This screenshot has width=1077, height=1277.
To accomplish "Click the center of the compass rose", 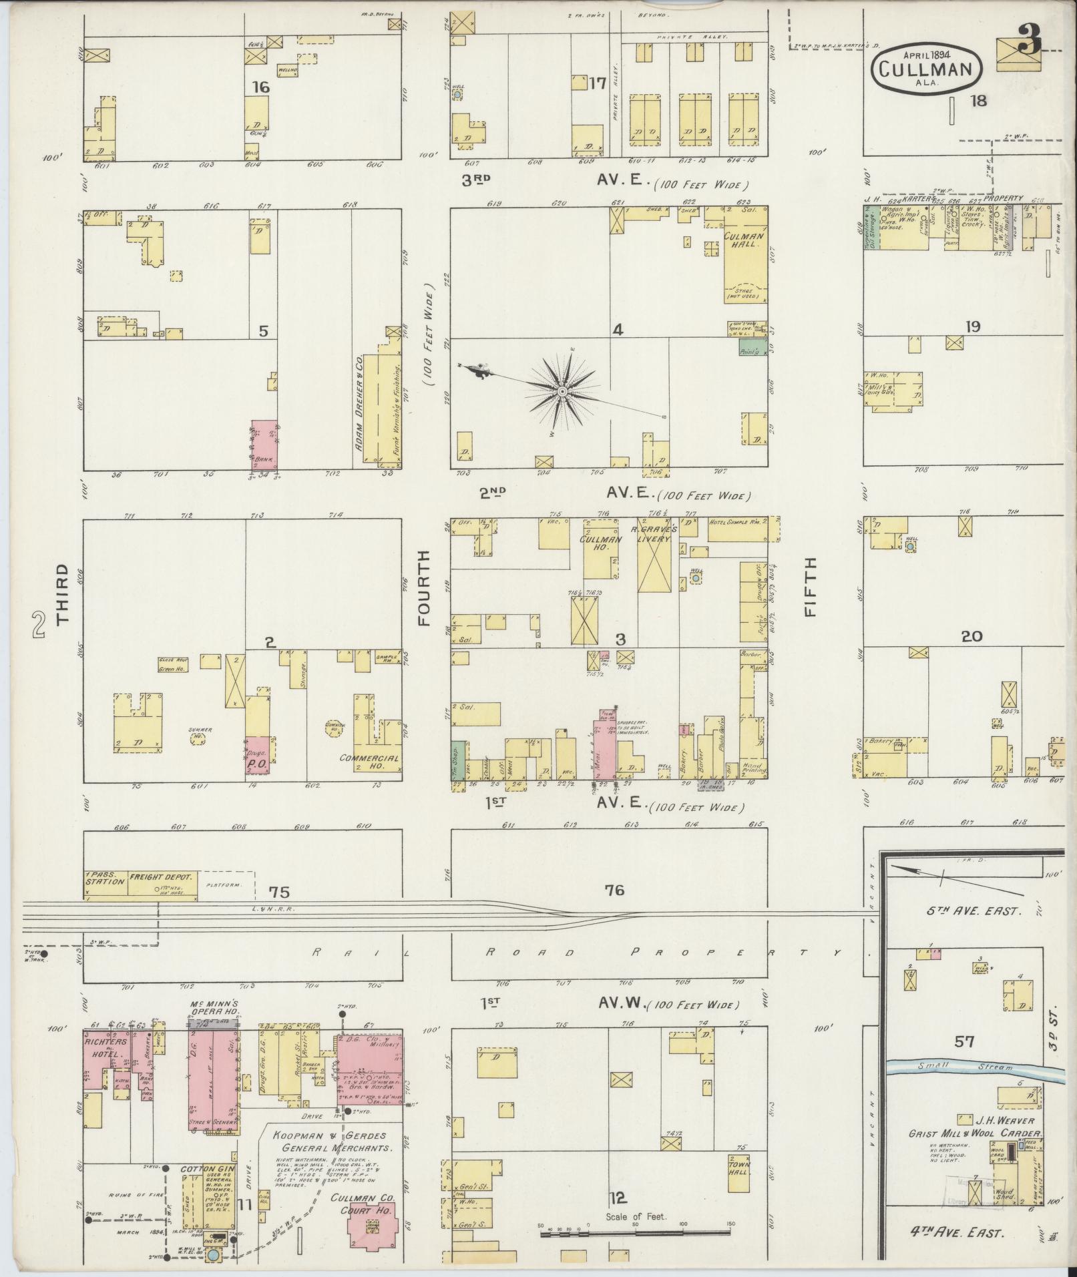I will (x=562, y=390).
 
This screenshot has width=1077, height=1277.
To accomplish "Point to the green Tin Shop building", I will (x=457, y=760).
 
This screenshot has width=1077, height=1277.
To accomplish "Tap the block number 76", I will (x=614, y=890).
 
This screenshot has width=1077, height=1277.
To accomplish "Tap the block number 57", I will (x=965, y=1041).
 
